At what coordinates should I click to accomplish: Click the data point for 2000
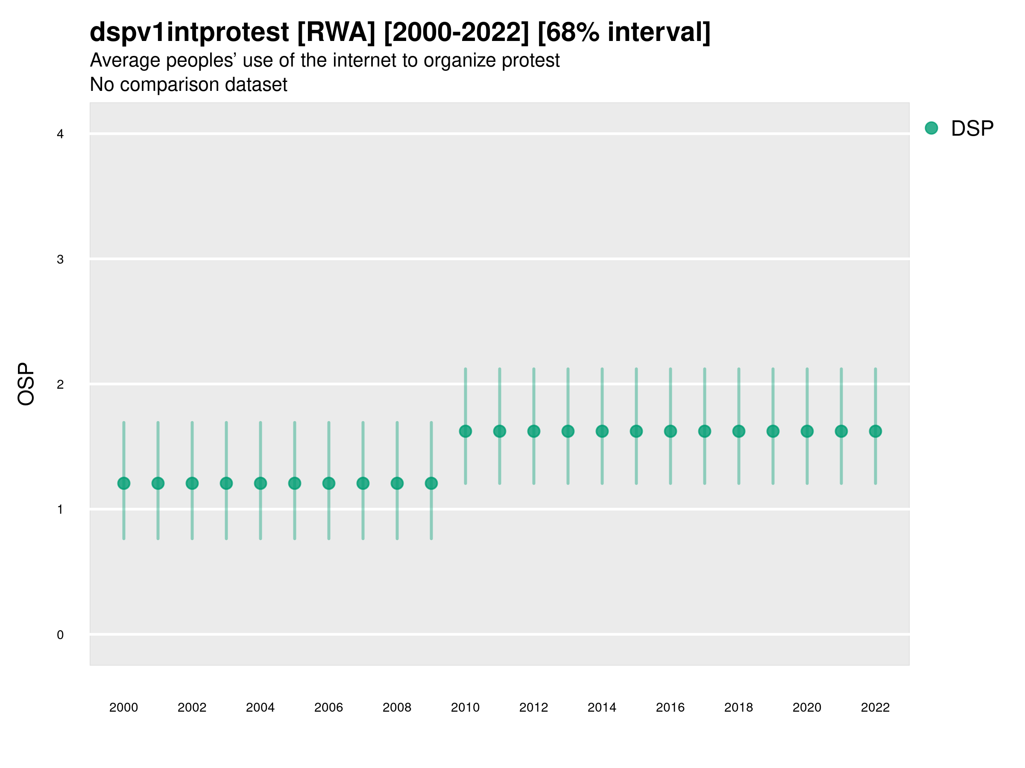(124, 483)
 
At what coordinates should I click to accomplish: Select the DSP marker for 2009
(431, 483)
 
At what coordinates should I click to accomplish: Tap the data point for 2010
(465, 431)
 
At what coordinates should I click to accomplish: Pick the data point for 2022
(875, 431)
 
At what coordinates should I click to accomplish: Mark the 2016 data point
(670, 431)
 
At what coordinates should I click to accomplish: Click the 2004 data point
(261, 483)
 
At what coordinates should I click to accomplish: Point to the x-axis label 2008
(397, 707)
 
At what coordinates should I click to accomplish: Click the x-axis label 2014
(601, 707)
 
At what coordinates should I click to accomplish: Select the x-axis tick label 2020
(807, 707)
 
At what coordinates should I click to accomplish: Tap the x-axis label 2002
(192, 707)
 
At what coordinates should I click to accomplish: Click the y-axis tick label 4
(60, 134)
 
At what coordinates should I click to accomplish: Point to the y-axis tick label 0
(60, 635)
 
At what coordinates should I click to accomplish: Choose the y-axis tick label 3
(60, 259)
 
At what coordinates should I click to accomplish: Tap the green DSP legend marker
(931, 128)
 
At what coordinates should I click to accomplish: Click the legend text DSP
(972, 129)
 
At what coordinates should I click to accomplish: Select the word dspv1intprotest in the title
(189, 32)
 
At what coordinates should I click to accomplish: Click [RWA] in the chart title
(336, 32)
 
